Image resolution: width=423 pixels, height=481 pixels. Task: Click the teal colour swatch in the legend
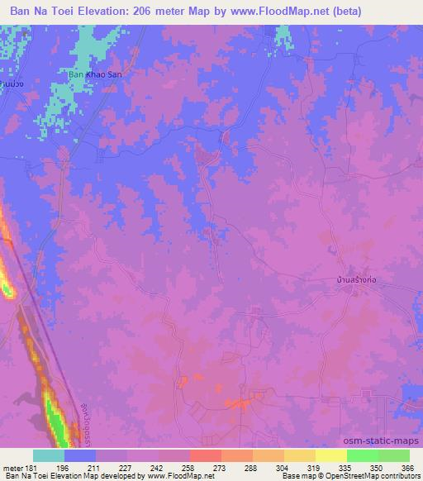pyautogui.click(x=50, y=455)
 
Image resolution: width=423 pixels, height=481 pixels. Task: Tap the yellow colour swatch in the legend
pyautogui.click(x=330, y=455)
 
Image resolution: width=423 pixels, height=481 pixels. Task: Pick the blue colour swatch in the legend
pyautogui.click(x=81, y=455)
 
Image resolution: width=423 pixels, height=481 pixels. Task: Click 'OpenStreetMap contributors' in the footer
pyautogui.click(x=379, y=475)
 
